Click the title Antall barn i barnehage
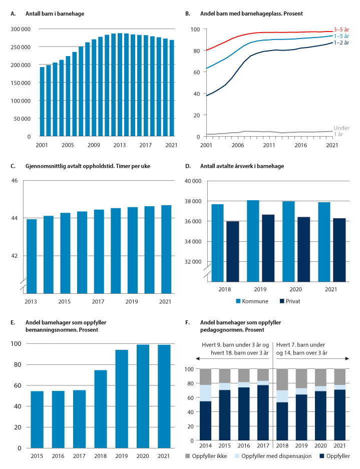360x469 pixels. (55, 13)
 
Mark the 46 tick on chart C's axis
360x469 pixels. (15, 180)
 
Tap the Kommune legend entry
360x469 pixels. (252, 302)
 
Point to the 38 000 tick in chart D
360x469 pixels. (192, 201)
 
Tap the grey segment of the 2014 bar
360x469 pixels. (206, 377)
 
